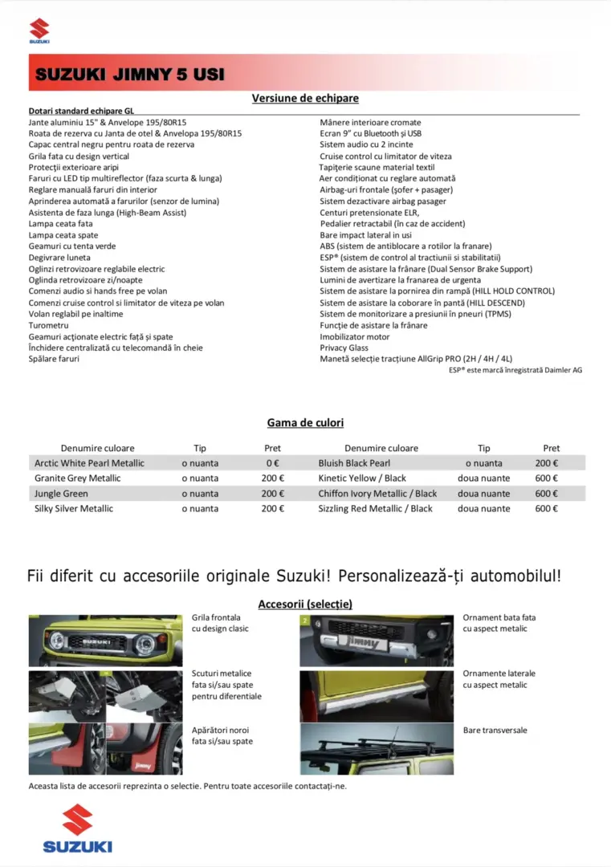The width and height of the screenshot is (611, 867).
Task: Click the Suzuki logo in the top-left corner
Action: [39, 31]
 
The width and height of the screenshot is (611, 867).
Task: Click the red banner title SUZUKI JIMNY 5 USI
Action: [130, 75]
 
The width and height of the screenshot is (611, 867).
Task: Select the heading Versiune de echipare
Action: [305, 98]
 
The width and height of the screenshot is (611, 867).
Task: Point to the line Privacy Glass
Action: [344, 348]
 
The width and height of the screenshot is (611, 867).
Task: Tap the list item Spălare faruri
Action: [54, 359]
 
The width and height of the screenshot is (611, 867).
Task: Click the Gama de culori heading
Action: [305, 422]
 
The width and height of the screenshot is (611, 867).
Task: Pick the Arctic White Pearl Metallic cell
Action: [89, 463]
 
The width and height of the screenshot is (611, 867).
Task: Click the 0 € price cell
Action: [272, 463]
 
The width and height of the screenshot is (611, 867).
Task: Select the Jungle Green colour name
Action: [61, 494]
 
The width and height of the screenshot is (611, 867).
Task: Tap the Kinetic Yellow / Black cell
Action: [362, 478]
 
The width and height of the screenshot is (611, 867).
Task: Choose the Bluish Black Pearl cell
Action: [354, 463]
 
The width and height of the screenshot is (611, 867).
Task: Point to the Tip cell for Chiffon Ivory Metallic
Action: [483, 494]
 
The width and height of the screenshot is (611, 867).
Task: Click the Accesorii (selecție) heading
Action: [305, 604]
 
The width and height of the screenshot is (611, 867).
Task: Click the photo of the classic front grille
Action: [105, 640]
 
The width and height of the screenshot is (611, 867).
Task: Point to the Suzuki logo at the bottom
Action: [78, 828]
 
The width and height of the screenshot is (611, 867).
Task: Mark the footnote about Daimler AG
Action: [515, 370]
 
